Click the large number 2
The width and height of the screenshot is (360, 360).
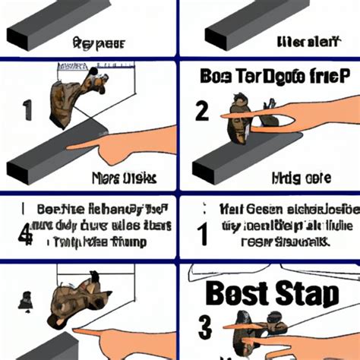[203, 112]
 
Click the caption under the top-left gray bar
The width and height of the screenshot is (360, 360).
[97, 43]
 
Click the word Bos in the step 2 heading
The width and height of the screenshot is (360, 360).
[219, 77]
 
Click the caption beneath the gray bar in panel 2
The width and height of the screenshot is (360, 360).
[300, 179]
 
